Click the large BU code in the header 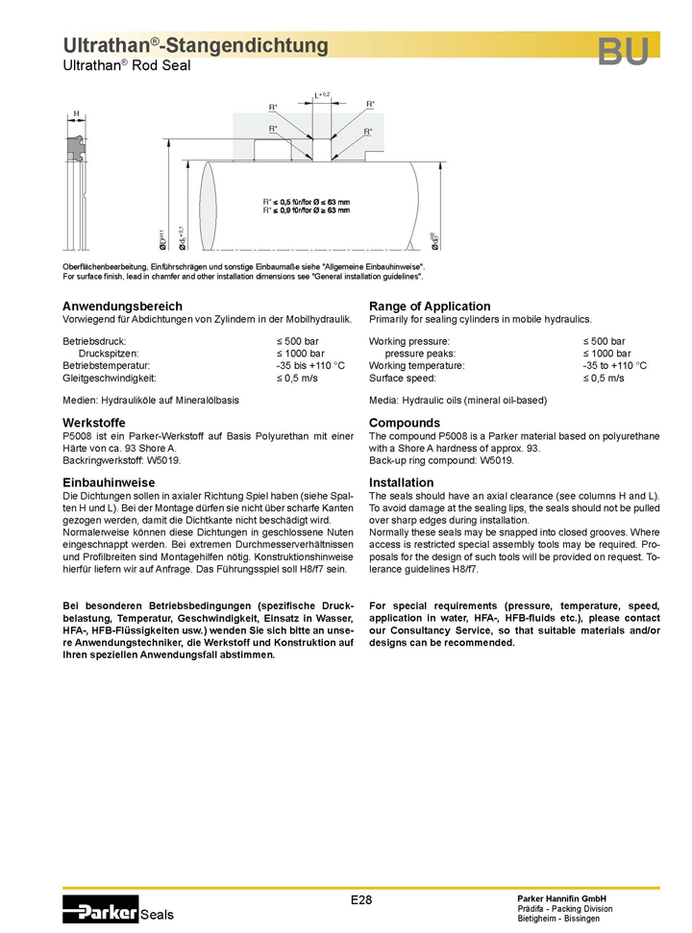(623, 52)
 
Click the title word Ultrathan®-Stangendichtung (195, 45)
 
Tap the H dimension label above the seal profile (77, 113)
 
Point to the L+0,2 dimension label (322, 95)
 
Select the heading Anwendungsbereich (122, 307)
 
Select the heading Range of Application (430, 307)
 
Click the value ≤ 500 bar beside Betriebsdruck (297, 341)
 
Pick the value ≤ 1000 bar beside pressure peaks (606, 354)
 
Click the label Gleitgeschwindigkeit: (110, 379)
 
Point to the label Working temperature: (416, 366)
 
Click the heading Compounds (405, 423)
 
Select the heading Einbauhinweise (109, 481)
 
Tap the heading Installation (401, 481)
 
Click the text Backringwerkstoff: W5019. (114, 461)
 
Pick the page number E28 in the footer (360, 900)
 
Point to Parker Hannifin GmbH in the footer (561, 897)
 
